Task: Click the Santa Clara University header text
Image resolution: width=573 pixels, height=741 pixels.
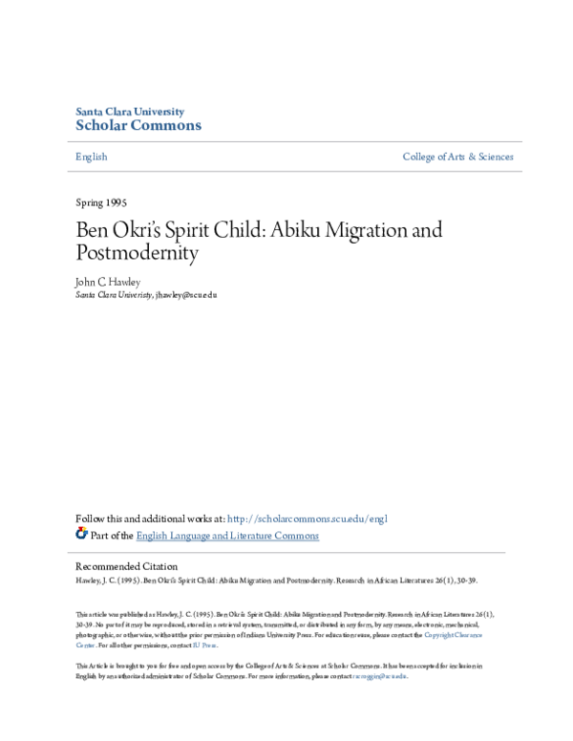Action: point(129,112)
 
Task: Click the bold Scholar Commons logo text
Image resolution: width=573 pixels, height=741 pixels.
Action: point(138,126)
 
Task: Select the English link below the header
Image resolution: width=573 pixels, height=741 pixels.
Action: point(91,157)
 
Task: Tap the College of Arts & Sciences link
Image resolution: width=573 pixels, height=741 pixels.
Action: point(457,157)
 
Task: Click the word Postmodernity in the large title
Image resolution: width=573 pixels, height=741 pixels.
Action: point(137,253)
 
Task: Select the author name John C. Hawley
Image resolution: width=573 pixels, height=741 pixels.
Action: point(107,283)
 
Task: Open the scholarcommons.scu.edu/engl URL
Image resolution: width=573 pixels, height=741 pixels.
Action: point(308,519)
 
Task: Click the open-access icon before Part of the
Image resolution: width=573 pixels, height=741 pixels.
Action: point(81,535)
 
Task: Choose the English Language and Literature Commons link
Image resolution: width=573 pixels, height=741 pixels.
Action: point(227,536)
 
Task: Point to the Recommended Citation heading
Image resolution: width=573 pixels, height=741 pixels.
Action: point(126,566)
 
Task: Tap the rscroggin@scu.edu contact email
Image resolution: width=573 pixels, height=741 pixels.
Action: point(380,676)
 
